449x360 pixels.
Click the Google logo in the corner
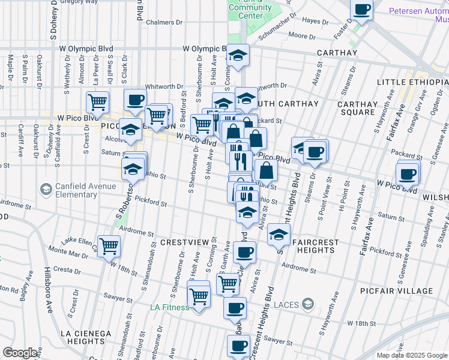20,353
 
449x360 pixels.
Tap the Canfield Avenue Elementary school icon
46,190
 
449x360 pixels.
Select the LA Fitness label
169,308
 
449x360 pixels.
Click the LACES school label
286,305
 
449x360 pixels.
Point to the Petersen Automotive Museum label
418,15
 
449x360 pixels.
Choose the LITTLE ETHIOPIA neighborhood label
412,82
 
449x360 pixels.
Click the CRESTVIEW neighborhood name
184,242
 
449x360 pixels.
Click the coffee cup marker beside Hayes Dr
361,10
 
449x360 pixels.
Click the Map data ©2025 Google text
411,355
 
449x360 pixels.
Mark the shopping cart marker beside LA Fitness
199,295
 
